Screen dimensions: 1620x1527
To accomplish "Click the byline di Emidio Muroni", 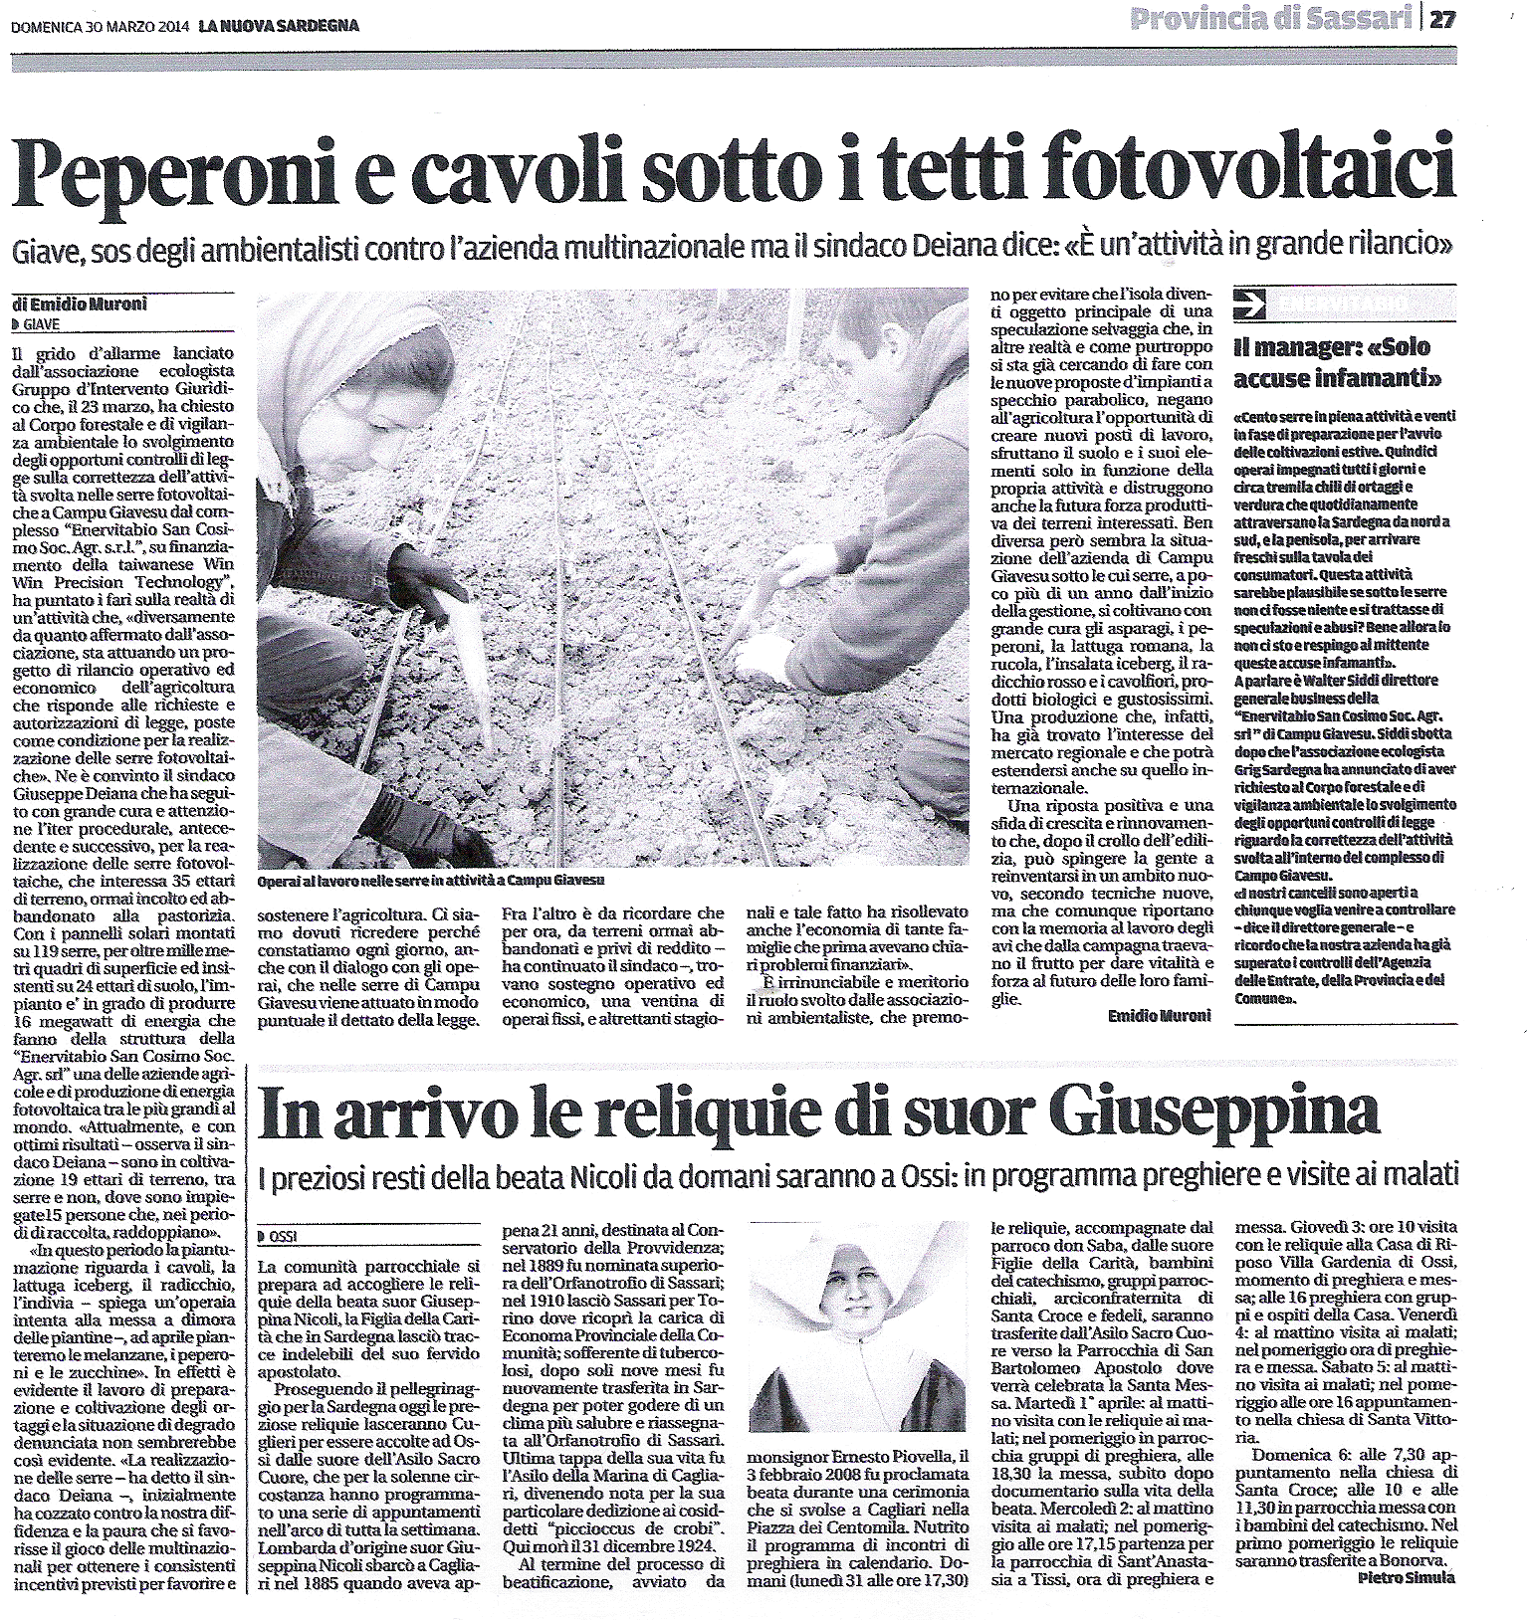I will pyautogui.click(x=80, y=304).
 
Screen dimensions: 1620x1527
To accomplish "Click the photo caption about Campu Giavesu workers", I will pyautogui.click(x=429, y=881).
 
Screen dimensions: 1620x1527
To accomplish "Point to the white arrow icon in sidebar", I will pyautogui.click(x=1249, y=299).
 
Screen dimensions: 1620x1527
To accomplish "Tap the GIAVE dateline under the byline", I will pyautogui.click(x=39, y=323).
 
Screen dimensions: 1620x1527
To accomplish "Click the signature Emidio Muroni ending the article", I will pyautogui.click(x=1159, y=1014).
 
